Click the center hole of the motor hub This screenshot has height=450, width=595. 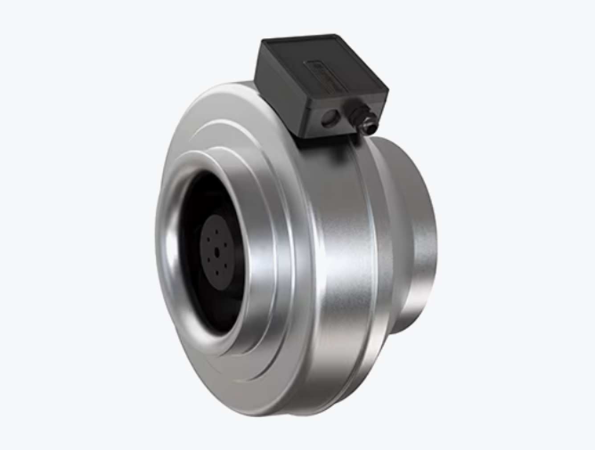tap(216, 250)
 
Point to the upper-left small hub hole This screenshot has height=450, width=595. tap(209, 240)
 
